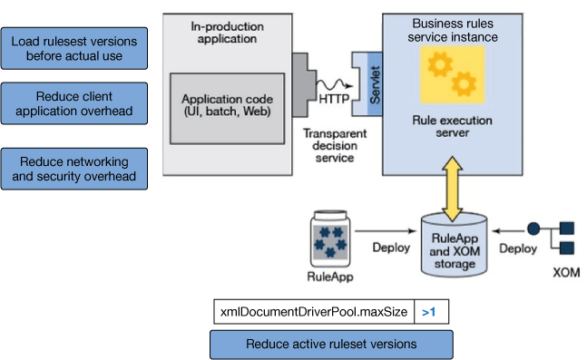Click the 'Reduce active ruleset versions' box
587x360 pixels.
[331, 344]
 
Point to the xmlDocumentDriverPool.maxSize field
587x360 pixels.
[313, 312]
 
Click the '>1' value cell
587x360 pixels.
[430, 312]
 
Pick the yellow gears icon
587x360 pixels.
[451, 76]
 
